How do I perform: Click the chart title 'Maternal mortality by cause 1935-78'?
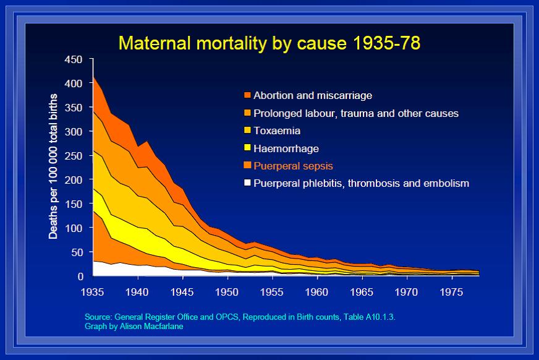pyautogui.click(x=269, y=43)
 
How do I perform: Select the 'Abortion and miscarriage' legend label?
pyautogui.click(x=313, y=95)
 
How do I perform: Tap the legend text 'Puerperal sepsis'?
pyautogui.click(x=293, y=166)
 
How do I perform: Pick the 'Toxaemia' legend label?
pyautogui.click(x=277, y=131)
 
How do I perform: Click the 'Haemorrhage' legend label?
pyautogui.click(x=286, y=148)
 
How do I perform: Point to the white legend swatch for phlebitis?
pyautogui.click(x=247, y=182)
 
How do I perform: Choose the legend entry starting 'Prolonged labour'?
pyautogui.click(x=356, y=113)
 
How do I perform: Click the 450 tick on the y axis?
pyautogui.click(x=73, y=59)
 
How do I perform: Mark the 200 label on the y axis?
pyautogui.click(x=73, y=180)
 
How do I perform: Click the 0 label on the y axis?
pyautogui.click(x=80, y=276)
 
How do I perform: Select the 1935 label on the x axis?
pyautogui.click(x=92, y=292)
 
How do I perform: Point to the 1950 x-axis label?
pyautogui.click(x=226, y=292)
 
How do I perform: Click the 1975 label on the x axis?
pyautogui.click(x=451, y=292)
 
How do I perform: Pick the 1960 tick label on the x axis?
pyautogui.click(x=316, y=292)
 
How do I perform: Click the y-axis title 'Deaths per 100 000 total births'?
pyautogui.click(x=53, y=166)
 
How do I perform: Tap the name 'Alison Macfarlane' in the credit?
pyautogui.click(x=151, y=327)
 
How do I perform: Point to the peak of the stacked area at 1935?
pyautogui.click(x=93, y=77)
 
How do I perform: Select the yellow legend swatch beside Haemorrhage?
pyautogui.click(x=247, y=147)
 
